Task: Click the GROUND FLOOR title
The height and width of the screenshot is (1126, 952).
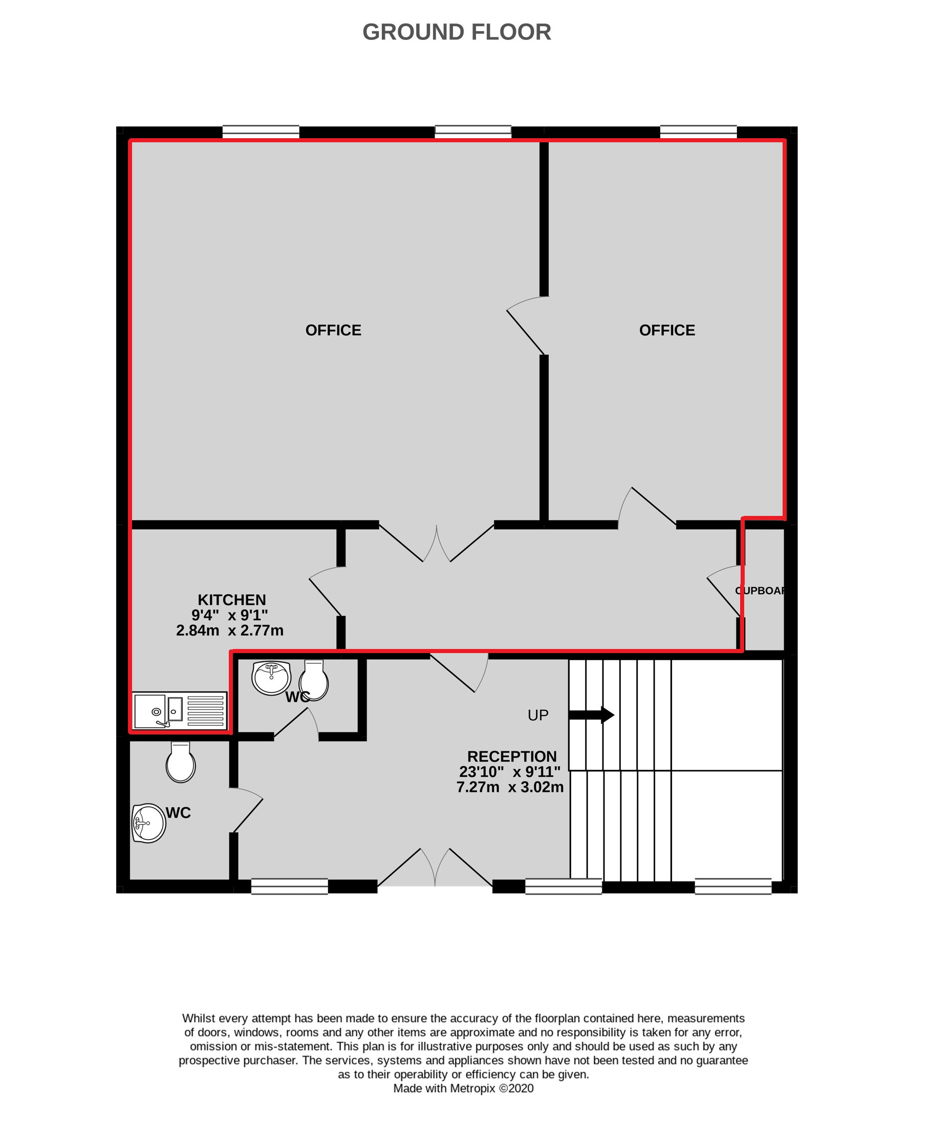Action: pyautogui.click(x=457, y=32)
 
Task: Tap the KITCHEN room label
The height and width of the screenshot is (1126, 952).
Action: pyautogui.click(x=231, y=599)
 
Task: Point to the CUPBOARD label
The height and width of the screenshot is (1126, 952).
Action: pyautogui.click(x=761, y=590)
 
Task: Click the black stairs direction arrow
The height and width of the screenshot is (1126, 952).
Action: pyautogui.click(x=592, y=715)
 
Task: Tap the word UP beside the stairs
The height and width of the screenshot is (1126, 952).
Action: pyautogui.click(x=538, y=715)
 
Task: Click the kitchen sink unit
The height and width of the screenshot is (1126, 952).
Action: pyautogui.click(x=180, y=710)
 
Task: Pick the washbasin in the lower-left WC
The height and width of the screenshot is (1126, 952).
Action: pyautogui.click(x=148, y=824)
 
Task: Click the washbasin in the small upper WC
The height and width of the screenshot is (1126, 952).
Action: pyautogui.click(x=271, y=678)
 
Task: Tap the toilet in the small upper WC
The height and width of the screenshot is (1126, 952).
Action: pyautogui.click(x=314, y=680)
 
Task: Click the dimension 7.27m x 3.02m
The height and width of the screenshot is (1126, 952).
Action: pyautogui.click(x=510, y=787)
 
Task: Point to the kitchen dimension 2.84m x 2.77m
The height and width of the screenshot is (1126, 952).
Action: pyautogui.click(x=230, y=630)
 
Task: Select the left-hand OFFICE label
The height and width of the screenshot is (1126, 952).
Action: pyautogui.click(x=333, y=330)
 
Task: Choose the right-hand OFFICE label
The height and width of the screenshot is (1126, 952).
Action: pyautogui.click(x=667, y=330)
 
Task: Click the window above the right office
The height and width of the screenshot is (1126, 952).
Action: pyautogui.click(x=698, y=132)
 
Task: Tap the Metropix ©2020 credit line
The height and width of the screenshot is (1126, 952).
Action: pyautogui.click(x=463, y=1088)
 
